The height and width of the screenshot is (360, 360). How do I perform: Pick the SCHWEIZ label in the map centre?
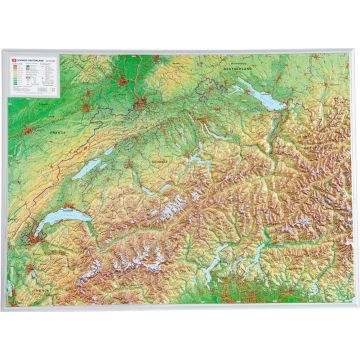pos(159,159)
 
